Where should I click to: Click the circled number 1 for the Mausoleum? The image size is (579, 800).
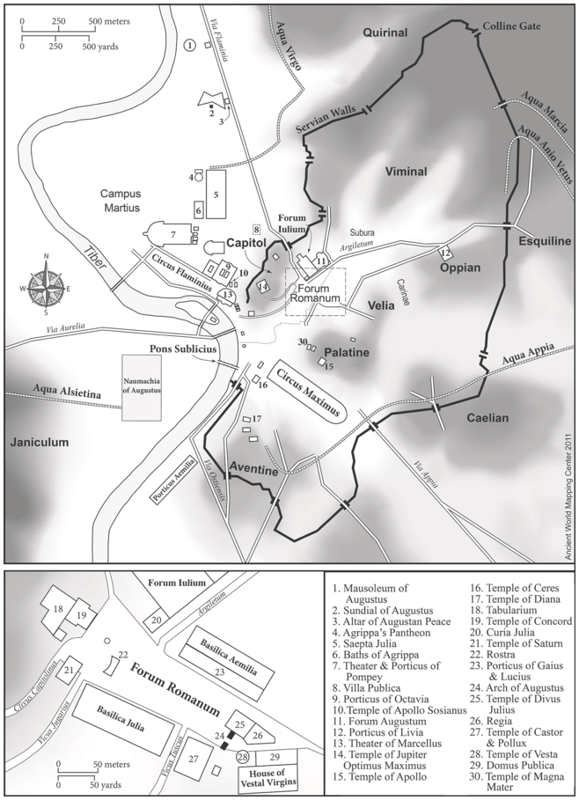190,45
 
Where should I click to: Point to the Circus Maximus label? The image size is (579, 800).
308,391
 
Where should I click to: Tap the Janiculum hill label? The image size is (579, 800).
40,444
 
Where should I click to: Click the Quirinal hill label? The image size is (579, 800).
385,33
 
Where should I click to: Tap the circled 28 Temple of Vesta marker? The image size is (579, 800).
242,756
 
